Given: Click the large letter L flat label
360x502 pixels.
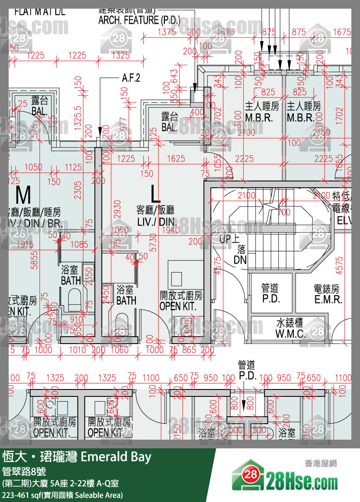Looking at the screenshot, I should pyautogui.click(x=155, y=194).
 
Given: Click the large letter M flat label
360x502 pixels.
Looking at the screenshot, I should pyautogui.click(x=23, y=196).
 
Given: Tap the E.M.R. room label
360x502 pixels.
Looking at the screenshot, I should pyautogui.click(x=328, y=299).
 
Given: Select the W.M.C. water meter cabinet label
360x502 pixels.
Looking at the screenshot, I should pyautogui.click(x=290, y=334).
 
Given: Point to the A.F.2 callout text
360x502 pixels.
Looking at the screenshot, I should pyautogui.click(x=131, y=78).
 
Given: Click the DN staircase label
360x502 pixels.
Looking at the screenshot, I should pyautogui.click(x=240, y=260).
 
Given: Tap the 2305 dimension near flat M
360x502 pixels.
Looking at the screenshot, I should pyautogui.click(x=78, y=190).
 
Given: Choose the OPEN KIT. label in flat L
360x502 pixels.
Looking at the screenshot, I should pyautogui.click(x=181, y=306).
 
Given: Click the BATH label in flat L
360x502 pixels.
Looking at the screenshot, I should pyautogui.click(x=126, y=300).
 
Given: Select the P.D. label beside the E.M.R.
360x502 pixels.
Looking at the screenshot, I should pyautogui.click(x=271, y=299).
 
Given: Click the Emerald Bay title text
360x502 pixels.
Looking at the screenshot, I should pyautogui.click(x=116, y=457).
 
